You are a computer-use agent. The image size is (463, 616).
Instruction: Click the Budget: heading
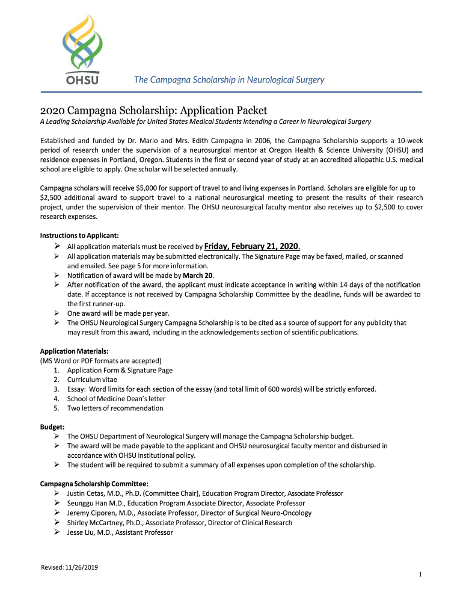pyautogui.click(x=52, y=427)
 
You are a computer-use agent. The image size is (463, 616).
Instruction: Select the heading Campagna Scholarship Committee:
pyautogui.click(x=94, y=484)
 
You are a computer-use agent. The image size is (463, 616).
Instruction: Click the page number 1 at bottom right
pyautogui.click(x=420, y=575)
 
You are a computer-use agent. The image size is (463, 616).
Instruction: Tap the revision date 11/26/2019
pyautogui.click(x=84, y=567)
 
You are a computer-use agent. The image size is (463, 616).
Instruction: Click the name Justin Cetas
pyautogui.click(x=86, y=493)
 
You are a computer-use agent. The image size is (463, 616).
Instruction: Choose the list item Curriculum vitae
pyautogui.click(x=92, y=380)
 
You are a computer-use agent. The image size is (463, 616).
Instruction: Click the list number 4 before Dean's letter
pyautogui.click(x=56, y=398)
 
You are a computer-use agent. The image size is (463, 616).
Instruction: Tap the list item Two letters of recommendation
pyautogui.click(x=115, y=408)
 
